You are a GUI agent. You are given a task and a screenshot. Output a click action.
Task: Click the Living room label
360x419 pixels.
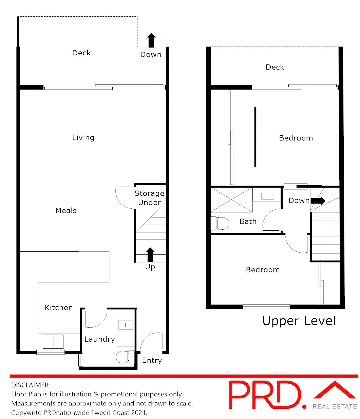[83, 138]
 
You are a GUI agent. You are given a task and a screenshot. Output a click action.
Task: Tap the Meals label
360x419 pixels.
[66, 211]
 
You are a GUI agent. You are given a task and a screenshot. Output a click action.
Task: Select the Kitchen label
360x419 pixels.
[59, 308]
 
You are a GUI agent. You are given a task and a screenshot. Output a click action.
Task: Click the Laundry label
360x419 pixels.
[99, 339]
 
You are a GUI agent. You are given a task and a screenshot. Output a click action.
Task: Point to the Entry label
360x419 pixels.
[152, 361]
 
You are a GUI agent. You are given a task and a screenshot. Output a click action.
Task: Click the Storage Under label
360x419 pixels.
[149, 198]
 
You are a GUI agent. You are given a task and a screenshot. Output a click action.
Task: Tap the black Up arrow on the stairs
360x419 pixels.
[150, 255]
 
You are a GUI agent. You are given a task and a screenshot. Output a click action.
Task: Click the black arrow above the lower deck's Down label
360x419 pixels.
[151, 40]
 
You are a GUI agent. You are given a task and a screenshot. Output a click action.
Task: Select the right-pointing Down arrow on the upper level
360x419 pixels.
[318, 201]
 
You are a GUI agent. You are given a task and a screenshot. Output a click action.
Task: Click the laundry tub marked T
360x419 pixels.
[126, 325]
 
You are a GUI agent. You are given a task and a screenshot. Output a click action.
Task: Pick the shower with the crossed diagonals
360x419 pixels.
[232, 200]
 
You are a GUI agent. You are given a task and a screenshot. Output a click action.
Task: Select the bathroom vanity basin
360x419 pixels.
[268, 196]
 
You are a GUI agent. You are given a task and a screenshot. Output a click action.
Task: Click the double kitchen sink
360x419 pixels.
[53, 341]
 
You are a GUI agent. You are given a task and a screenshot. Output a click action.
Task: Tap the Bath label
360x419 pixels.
[248, 222]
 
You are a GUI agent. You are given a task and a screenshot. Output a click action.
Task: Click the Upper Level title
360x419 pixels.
[299, 321]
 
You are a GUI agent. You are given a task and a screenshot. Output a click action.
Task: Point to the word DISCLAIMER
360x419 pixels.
[31, 385]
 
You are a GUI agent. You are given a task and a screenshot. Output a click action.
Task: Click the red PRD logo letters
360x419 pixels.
[265, 395]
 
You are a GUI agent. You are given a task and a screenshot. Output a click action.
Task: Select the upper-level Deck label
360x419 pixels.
[275, 67]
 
